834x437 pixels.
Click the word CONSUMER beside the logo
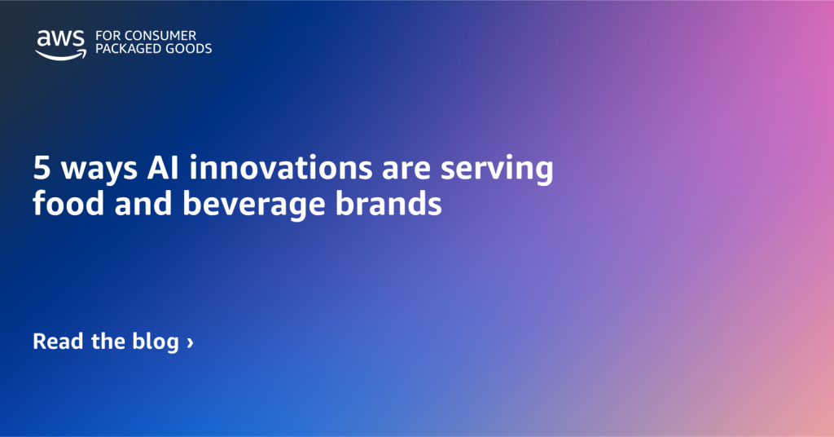[169, 36]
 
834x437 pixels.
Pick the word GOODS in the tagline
[189, 49]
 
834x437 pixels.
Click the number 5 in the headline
[41, 170]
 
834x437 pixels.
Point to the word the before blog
[108, 341]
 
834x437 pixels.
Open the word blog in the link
[155, 341]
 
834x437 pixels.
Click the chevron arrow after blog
[190, 342]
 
